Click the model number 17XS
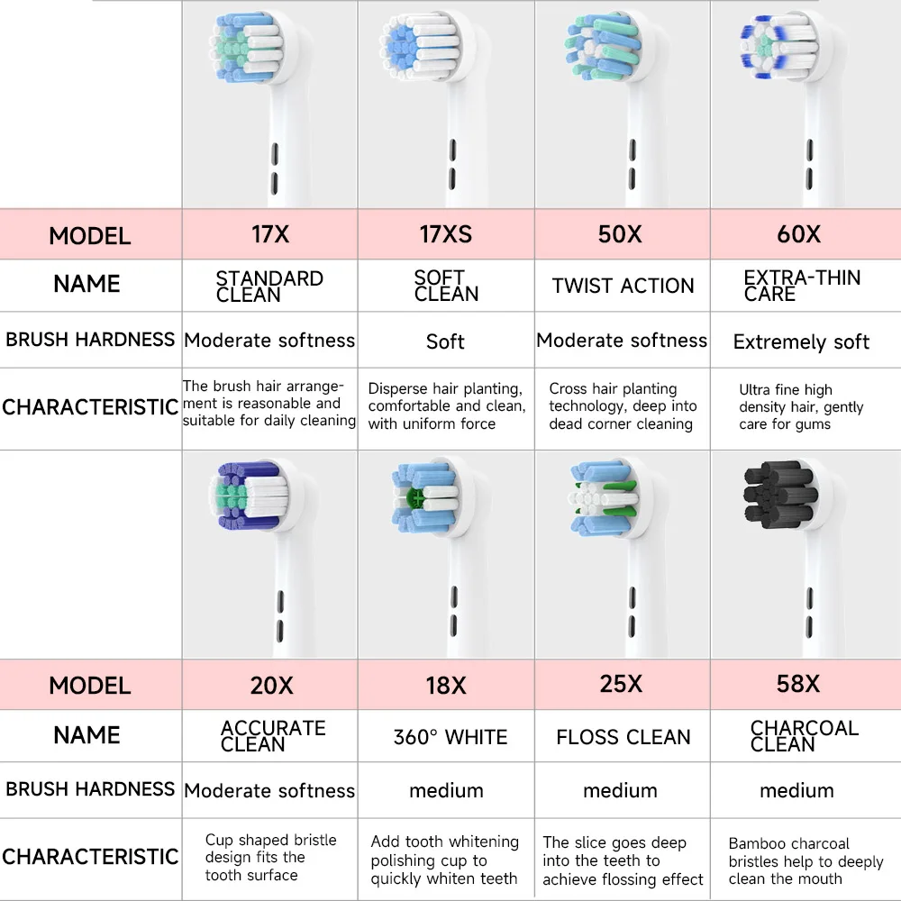coord(445,235)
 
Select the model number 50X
coord(620,234)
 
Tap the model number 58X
coord(797,684)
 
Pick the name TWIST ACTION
coord(623,287)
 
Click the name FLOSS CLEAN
coord(623,737)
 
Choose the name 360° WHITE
coord(450,737)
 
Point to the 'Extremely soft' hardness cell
coord(801,342)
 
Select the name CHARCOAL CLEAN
coord(804,736)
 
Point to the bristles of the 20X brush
coord(250,495)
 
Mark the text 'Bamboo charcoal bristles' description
coord(805,860)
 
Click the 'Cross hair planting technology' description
coord(622,406)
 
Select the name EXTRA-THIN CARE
coord(802,286)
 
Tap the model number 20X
coord(271,685)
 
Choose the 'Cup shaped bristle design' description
coord(270,857)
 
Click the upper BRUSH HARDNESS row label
coord(90,340)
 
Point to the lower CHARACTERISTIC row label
coord(90,857)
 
